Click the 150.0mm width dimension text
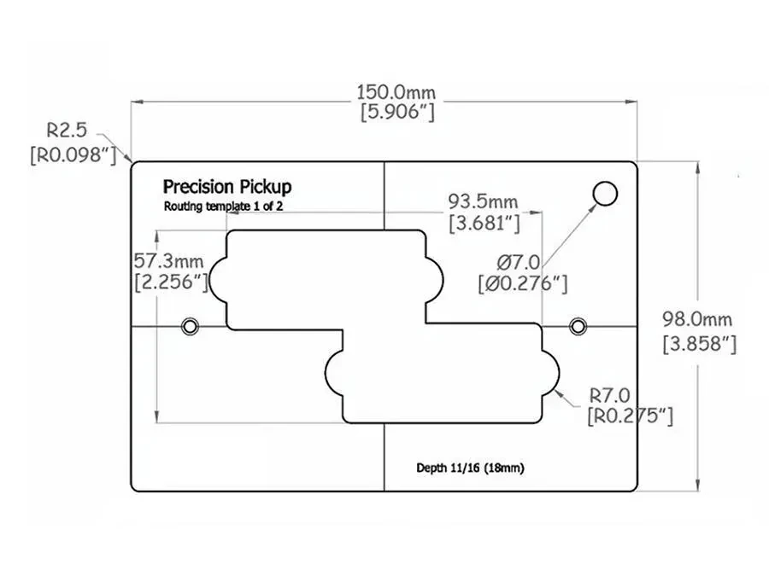[383, 90]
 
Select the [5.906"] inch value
[383, 112]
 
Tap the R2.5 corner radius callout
[68, 132]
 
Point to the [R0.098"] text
[73, 155]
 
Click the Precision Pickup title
[226, 187]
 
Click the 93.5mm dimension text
[483, 202]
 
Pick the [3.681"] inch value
[484, 224]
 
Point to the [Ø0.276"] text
[523, 283]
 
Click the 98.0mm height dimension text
[698, 320]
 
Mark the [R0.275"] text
[630, 416]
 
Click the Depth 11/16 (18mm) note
[470, 468]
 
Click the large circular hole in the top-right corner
[605, 194]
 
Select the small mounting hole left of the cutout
[190, 326]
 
